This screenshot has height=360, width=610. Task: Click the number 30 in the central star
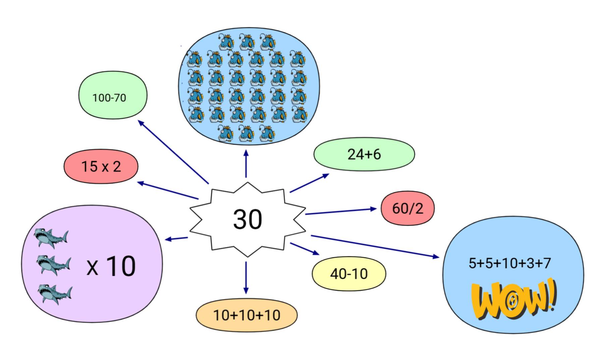tap(247, 219)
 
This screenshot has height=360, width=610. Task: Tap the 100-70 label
tap(109, 98)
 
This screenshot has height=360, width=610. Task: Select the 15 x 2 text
tap(101, 166)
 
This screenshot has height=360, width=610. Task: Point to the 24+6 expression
tap(364, 154)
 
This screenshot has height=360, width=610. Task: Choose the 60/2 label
tap(407, 208)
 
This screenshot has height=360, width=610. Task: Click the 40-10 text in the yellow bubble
tap(349, 274)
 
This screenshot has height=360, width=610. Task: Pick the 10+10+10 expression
tap(246, 315)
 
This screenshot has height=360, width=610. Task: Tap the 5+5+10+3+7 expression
tap(510, 263)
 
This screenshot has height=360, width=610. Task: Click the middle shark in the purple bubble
tap(54, 265)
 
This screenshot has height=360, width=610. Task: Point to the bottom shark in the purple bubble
tap(55, 293)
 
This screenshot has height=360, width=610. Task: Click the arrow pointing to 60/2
tap(340, 211)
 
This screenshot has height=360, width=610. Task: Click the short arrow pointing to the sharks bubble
tap(176, 239)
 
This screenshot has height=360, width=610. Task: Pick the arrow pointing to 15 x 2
tap(168, 191)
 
